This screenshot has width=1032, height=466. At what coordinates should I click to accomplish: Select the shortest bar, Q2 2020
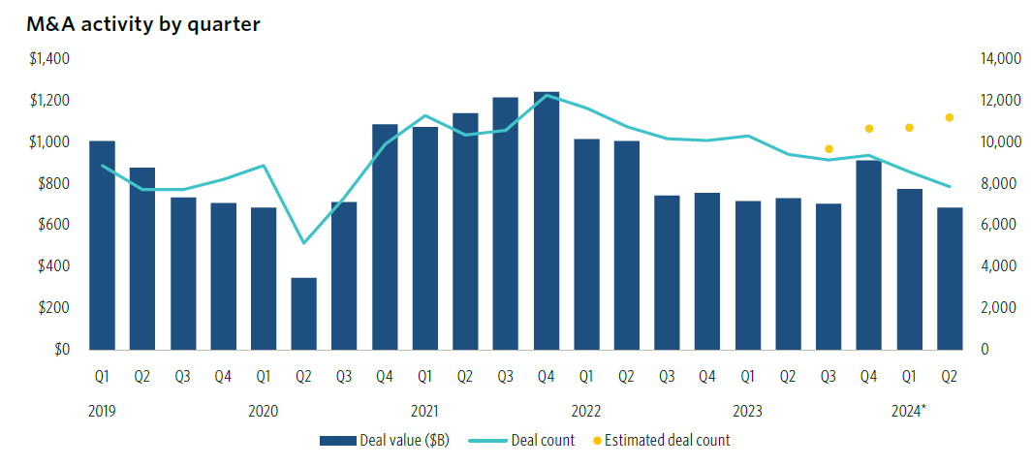tap(304, 314)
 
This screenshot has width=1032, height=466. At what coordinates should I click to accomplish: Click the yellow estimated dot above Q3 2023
tap(829, 149)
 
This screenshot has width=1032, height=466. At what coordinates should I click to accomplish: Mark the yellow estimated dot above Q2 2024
tap(950, 117)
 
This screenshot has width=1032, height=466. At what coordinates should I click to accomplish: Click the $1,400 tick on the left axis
tap(49, 59)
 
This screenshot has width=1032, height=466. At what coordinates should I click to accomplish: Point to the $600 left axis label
tap(53, 225)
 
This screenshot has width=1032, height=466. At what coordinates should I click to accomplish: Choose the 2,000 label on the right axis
tap(998, 307)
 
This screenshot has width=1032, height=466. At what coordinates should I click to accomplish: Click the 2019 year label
tap(102, 411)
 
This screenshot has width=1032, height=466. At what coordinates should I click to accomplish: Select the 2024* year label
tap(909, 411)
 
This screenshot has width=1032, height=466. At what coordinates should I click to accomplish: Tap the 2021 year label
tap(425, 411)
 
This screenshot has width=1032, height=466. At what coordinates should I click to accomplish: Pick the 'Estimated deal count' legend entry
tap(666, 441)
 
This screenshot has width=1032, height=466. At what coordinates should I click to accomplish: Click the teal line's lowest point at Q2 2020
tap(304, 243)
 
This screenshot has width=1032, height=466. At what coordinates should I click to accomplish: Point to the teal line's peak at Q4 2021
tap(547, 95)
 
